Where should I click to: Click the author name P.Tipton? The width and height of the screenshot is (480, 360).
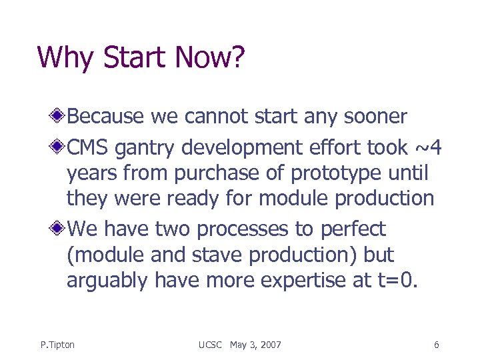point(57,345)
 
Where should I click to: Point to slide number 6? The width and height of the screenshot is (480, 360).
point(436,345)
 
